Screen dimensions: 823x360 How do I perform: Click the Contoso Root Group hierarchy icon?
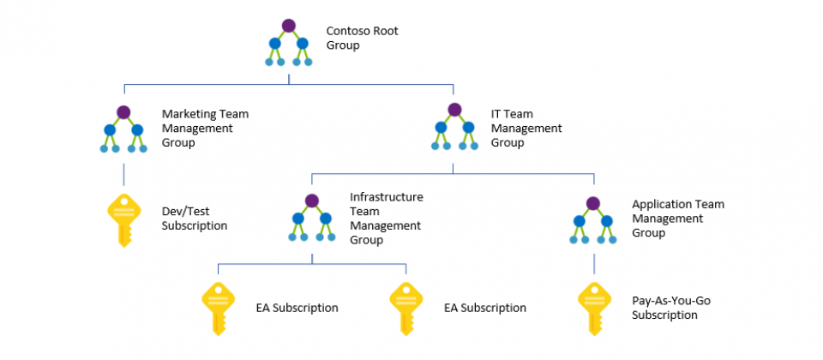coord(289,43)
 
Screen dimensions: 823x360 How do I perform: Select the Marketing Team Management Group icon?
coord(123,129)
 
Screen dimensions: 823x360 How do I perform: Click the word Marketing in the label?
coord(185,114)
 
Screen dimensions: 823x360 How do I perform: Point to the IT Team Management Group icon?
coord(454,127)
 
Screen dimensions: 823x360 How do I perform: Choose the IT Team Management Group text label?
coord(526,128)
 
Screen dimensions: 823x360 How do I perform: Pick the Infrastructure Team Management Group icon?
coord(312,218)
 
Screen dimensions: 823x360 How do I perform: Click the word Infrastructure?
coord(387,197)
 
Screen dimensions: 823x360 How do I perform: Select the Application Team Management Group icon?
coord(593,220)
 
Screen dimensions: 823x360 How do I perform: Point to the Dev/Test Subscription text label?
coord(195,219)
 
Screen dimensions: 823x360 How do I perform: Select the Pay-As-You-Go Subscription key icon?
coord(595,309)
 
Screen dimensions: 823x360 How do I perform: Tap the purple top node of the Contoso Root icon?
coord(289,25)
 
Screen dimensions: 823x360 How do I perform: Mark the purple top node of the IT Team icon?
coord(454,109)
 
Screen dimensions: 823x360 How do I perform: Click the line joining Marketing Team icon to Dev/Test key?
coord(123,175)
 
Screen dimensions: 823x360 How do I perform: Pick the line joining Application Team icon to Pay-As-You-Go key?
coord(594,264)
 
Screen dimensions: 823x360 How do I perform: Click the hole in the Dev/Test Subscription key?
coord(123,201)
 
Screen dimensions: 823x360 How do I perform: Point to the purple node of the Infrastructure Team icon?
coord(312,201)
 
